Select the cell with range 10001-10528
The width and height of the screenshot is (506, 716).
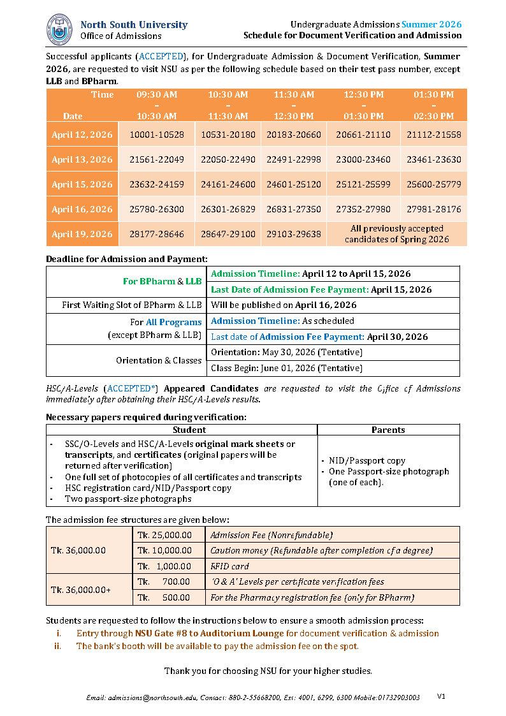point(157,135)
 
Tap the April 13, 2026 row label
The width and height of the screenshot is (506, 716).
point(82,160)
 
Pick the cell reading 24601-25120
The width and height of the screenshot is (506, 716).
point(294,185)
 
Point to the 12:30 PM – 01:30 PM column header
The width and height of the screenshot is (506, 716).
point(364,105)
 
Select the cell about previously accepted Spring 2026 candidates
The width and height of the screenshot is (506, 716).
point(396,234)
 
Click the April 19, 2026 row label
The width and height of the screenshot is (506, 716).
point(82,234)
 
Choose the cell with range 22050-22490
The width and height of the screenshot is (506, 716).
point(228,160)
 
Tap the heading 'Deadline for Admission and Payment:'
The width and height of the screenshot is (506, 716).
point(127,259)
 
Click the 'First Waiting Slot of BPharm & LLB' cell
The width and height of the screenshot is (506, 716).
point(127,305)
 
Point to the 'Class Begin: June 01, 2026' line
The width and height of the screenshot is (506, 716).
point(287,369)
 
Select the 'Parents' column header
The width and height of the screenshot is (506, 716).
point(388,430)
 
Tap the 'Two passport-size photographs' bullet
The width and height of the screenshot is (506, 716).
point(128,499)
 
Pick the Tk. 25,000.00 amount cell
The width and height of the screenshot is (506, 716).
point(164,536)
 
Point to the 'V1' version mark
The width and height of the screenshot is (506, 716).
point(441,696)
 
